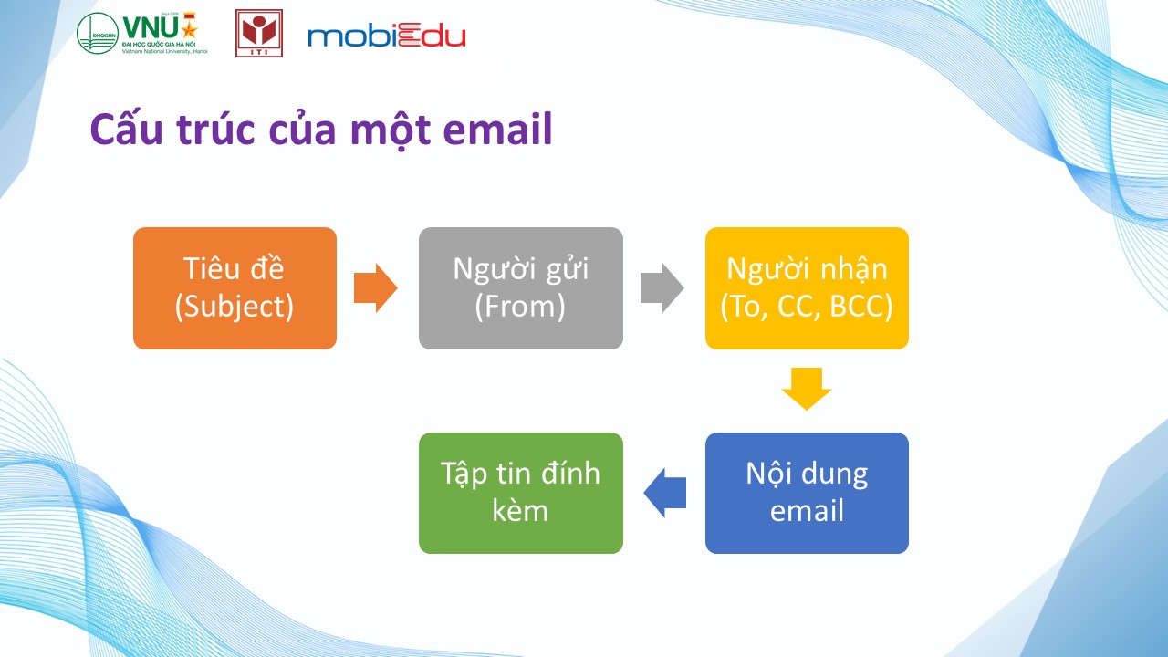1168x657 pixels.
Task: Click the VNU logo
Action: click(142, 33)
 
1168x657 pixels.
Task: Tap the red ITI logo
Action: click(259, 33)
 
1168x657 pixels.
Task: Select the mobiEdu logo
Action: click(386, 35)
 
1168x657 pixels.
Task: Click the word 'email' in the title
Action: click(497, 129)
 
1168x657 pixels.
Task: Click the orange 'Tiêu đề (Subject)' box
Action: click(235, 287)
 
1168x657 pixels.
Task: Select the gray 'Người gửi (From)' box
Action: click(521, 287)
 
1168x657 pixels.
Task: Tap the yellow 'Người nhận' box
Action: click(807, 287)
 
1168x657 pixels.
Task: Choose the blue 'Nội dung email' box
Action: click(807, 493)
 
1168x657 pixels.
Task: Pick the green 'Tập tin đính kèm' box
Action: click(521, 493)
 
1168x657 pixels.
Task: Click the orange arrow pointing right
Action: click(375, 287)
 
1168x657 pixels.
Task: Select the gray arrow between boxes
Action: click(662, 287)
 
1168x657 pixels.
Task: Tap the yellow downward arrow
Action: click(807, 389)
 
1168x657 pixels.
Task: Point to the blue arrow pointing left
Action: click(665, 493)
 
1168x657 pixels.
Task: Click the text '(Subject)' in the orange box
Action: click(235, 307)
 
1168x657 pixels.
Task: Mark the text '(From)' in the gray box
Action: click(520, 307)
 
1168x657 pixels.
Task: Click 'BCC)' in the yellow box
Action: click(860, 307)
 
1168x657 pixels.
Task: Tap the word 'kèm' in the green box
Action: click(520, 510)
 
